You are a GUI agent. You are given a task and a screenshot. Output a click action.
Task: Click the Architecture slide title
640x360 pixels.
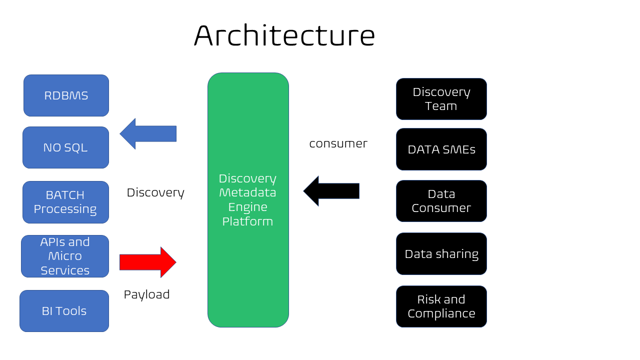pyautogui.click(x=284, y=35)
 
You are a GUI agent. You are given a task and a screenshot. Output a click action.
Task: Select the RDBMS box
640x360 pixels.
pyautogui.click(x=66, y=95)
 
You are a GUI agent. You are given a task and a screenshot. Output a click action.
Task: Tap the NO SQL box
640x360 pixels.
pyautogui.click(x=65, y=147)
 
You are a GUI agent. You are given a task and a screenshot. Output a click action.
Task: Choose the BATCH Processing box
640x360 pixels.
pyautogui.click(x=65, y=202)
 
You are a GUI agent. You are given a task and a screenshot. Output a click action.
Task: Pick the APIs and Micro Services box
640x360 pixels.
pyautogui.click(x=65, y=256)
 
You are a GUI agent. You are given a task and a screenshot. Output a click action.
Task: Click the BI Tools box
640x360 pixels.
pyautogui.click(x=64, y=311)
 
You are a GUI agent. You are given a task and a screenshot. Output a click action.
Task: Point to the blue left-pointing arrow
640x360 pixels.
pyautogui.click(x=148, y=133)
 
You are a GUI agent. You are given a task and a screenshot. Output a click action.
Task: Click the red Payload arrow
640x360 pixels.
pyautogui.click(x=148, y=262)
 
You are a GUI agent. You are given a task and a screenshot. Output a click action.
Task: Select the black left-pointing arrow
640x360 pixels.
pyautogui.click(x=331, y=191)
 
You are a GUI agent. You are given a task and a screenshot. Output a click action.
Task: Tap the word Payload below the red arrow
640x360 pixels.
pyautogui.click(x=147, y=295)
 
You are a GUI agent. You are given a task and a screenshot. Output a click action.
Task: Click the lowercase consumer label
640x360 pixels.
pyautogui.click(x=338, y=143)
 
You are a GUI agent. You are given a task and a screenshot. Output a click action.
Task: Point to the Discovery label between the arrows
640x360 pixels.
pyautogui.click(x=155, y=193)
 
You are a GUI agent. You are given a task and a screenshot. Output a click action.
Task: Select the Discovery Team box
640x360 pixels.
pyautogui.click(x=441, y=99)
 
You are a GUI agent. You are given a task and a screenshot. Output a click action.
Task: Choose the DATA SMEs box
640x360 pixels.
pyautogui.click(x=441, y=149)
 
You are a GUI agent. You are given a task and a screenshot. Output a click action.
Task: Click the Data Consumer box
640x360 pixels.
pyautogui.click(x=441, y=201)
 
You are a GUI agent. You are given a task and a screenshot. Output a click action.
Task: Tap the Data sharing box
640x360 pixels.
pyautogui.click(x=441, y=253)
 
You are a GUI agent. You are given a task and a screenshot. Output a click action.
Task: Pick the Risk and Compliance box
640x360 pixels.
pyautogui.click(x=441, y=306)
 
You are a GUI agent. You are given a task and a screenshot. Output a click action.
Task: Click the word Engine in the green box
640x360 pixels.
pyautogui.click(x=247, y=207)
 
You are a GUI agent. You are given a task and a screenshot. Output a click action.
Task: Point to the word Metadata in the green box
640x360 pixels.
pyautogui.click(x=247, y=192)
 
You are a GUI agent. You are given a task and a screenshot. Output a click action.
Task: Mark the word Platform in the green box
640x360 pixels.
pyautogui.click(x=247, y=221)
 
